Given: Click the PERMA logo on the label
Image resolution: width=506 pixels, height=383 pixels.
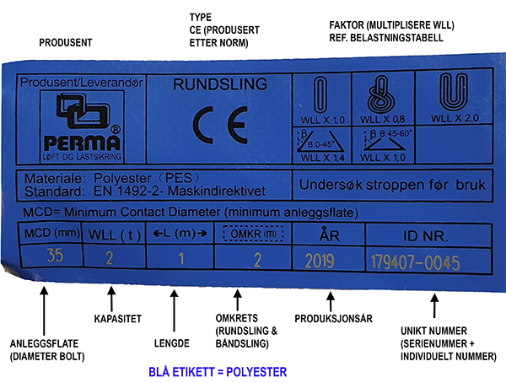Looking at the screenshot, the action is [83, 127].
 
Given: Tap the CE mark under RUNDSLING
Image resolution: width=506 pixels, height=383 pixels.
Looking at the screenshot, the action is [220, 125].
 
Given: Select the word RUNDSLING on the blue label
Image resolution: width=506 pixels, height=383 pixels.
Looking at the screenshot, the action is [220, 84].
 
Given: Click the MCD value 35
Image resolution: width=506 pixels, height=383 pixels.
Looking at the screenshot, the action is [55, 256].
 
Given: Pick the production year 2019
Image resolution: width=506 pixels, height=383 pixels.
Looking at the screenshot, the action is [320, 261].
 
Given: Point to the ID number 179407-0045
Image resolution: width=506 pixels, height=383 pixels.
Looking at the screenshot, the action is [415, 262].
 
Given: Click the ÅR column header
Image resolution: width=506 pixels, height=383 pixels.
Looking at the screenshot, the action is [330, 235].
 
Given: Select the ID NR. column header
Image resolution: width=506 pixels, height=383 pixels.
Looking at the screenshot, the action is [425, 236].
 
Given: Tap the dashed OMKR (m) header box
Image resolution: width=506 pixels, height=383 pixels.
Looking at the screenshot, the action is [253, 234].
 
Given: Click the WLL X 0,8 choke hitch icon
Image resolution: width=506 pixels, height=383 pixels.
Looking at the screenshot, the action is [381, 95].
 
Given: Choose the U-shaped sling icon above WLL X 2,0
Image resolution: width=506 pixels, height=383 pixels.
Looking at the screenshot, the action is [454, 92].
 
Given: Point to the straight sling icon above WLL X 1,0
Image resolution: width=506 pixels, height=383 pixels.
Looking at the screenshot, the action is [320, 95].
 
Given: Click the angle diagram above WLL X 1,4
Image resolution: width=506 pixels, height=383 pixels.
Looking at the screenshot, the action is [320, 141].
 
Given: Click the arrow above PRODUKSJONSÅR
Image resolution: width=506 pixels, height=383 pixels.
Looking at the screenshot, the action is [330, 302].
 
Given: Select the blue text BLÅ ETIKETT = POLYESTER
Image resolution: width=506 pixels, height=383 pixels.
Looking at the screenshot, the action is [218, 372].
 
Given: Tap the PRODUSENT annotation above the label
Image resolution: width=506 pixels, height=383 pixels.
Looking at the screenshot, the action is [66, 43].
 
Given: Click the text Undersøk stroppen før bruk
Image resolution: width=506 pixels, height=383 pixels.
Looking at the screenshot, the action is [392, 185].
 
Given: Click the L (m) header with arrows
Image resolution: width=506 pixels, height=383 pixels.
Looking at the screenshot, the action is [180, 233].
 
